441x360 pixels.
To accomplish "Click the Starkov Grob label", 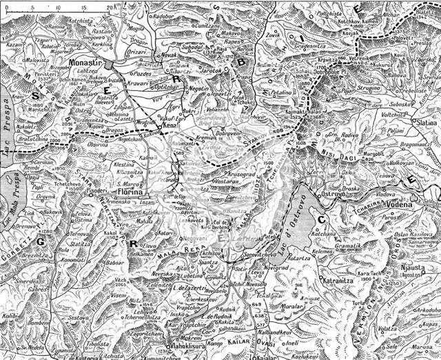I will click(x=264, y=137).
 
